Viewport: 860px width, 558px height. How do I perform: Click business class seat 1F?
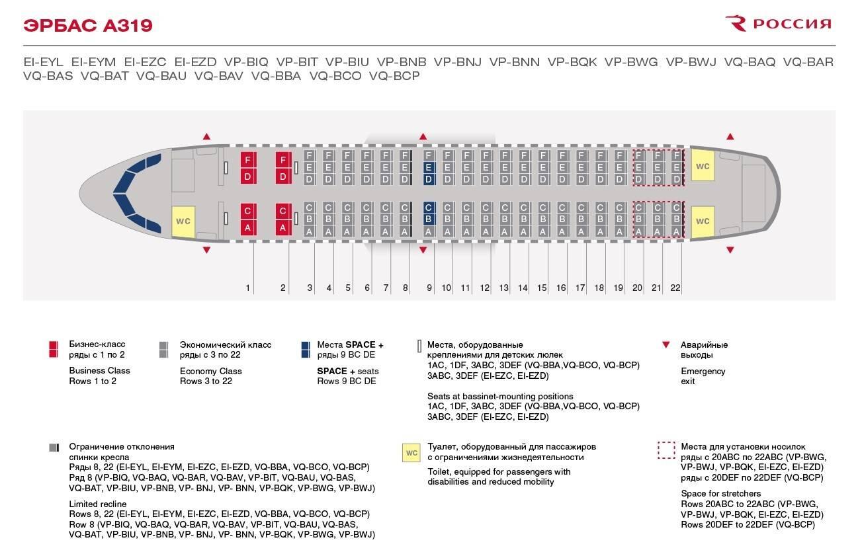[247, 160]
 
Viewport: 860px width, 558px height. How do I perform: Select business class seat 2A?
[282, 227]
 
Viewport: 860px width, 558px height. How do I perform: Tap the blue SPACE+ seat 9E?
[428, 167]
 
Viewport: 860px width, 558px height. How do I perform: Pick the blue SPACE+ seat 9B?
[428, 219]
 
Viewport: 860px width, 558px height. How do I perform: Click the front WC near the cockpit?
[183, 221]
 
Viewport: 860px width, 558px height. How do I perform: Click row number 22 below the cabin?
[675, 288]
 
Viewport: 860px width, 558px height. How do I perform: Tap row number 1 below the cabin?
[248, 288]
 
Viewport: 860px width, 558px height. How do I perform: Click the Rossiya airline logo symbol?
[736, 24]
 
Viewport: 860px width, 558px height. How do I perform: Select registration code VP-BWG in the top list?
[631, 62]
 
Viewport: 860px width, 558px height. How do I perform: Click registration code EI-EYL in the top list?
[43, 62]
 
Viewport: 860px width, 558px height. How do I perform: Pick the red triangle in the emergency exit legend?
[667, 345]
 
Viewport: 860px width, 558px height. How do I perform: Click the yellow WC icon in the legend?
[411, 453]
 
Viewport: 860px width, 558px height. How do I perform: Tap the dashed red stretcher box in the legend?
[666, 450]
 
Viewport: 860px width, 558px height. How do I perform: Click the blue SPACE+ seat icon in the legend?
[305, 350]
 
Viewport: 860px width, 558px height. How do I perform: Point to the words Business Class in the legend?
[99, 370]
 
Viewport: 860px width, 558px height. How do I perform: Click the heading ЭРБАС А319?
[88, 26]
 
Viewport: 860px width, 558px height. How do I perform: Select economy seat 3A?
[309, 231]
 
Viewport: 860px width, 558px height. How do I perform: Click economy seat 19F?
[619, 155]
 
